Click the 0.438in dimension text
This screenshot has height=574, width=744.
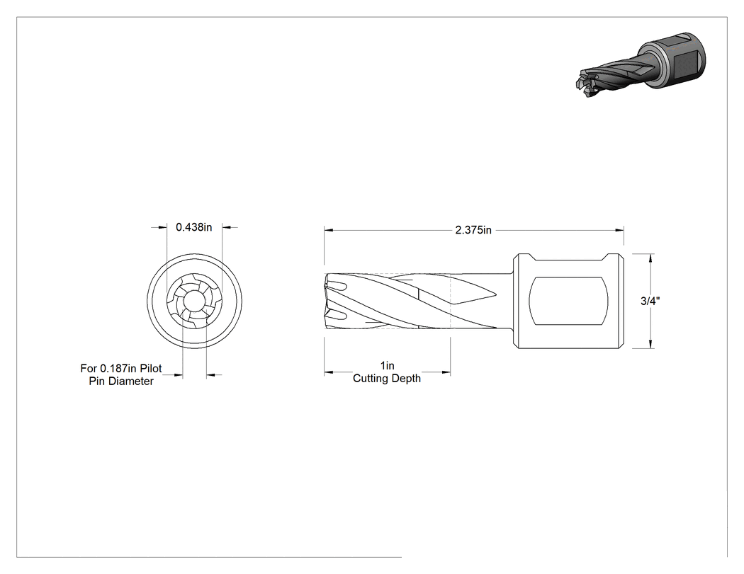point(193,227)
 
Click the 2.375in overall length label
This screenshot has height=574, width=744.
point(473,230)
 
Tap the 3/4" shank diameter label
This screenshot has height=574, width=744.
point(650,301)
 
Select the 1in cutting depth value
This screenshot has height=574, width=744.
point(387,365)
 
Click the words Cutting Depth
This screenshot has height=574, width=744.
point(387,378)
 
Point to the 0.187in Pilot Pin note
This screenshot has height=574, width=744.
point(121,374)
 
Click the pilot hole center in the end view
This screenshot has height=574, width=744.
point(195,301)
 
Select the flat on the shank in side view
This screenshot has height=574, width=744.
point(568,301)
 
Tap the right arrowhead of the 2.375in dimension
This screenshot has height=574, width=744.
point(620,230)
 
